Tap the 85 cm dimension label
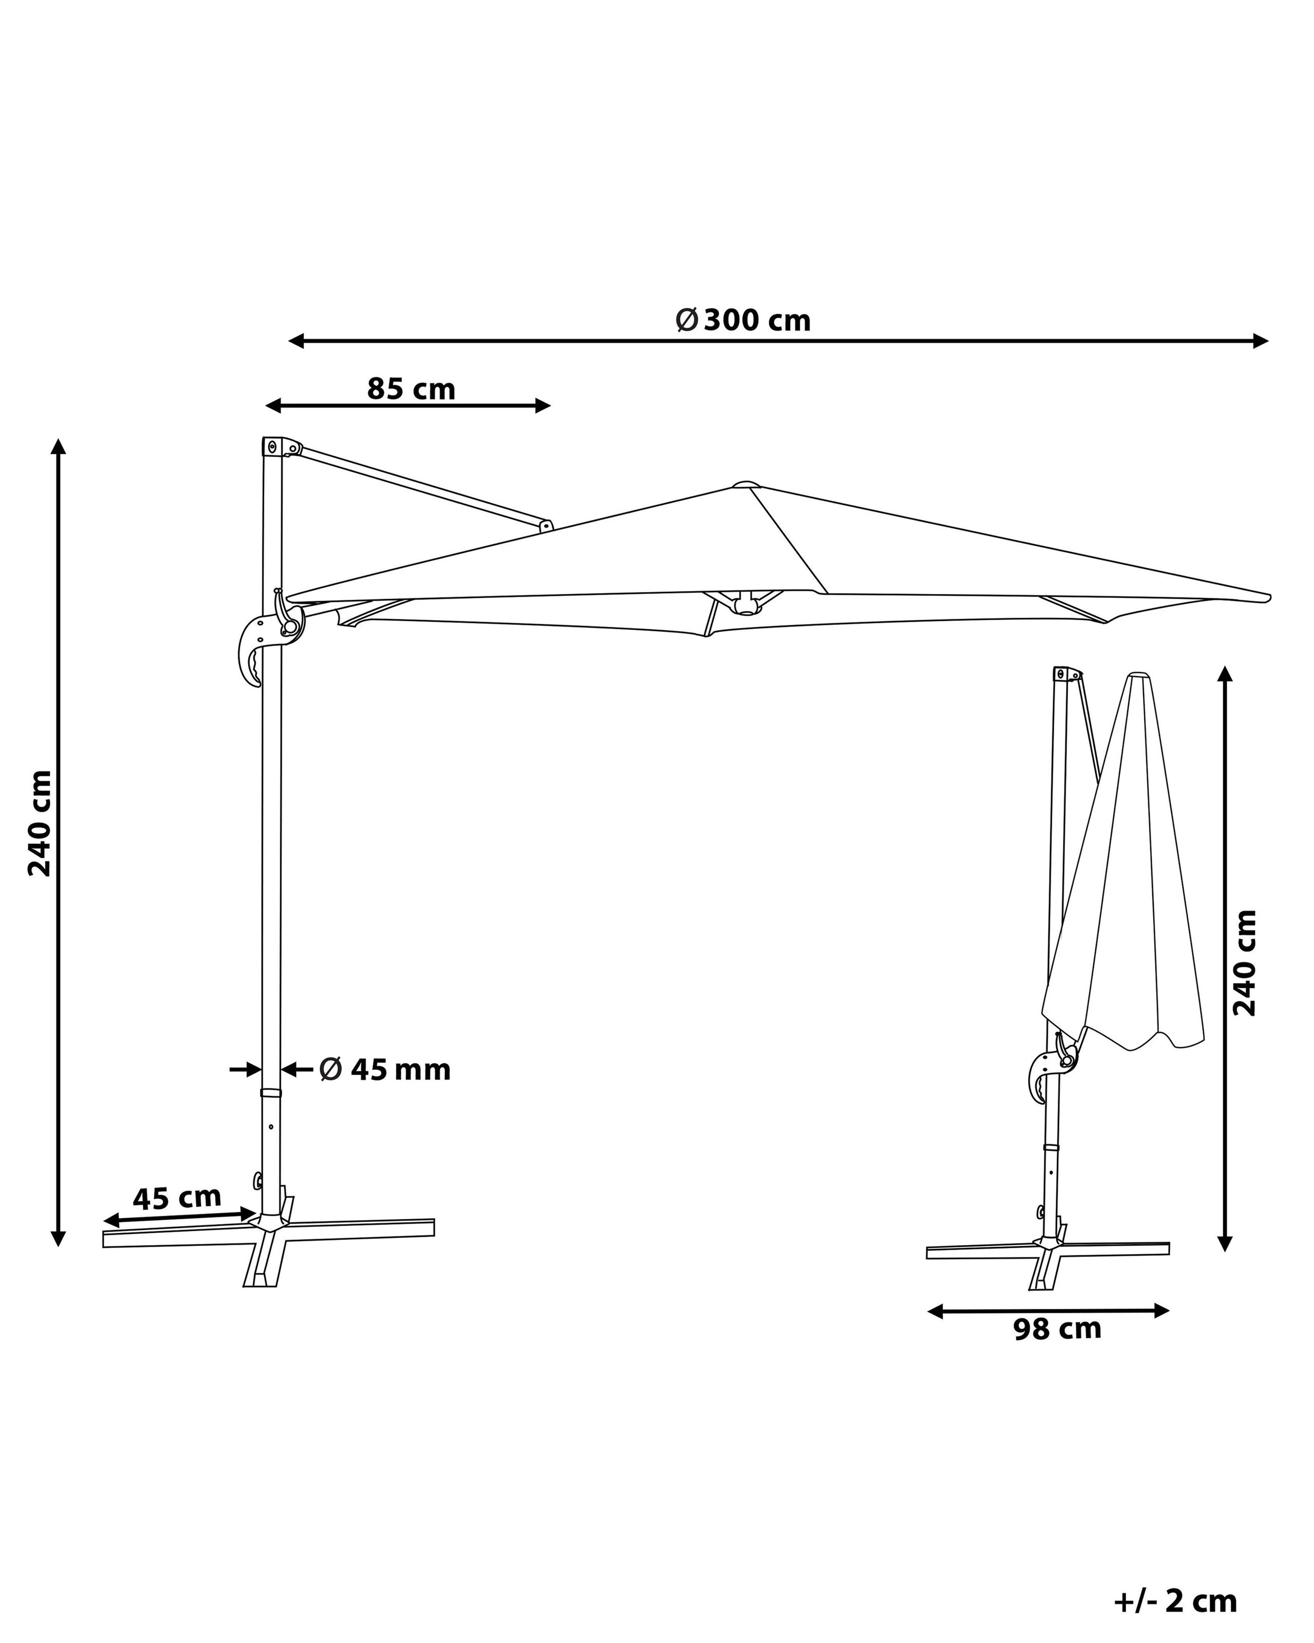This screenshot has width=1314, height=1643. [x=411, y=389]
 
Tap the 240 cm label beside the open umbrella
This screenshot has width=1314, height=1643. [x=40, y=823]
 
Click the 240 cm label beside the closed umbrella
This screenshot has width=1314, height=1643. [x=1245, y=963]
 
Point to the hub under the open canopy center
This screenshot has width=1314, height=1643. [x=746, y=604]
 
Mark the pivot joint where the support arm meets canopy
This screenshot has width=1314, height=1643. [x=546, y=525]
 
